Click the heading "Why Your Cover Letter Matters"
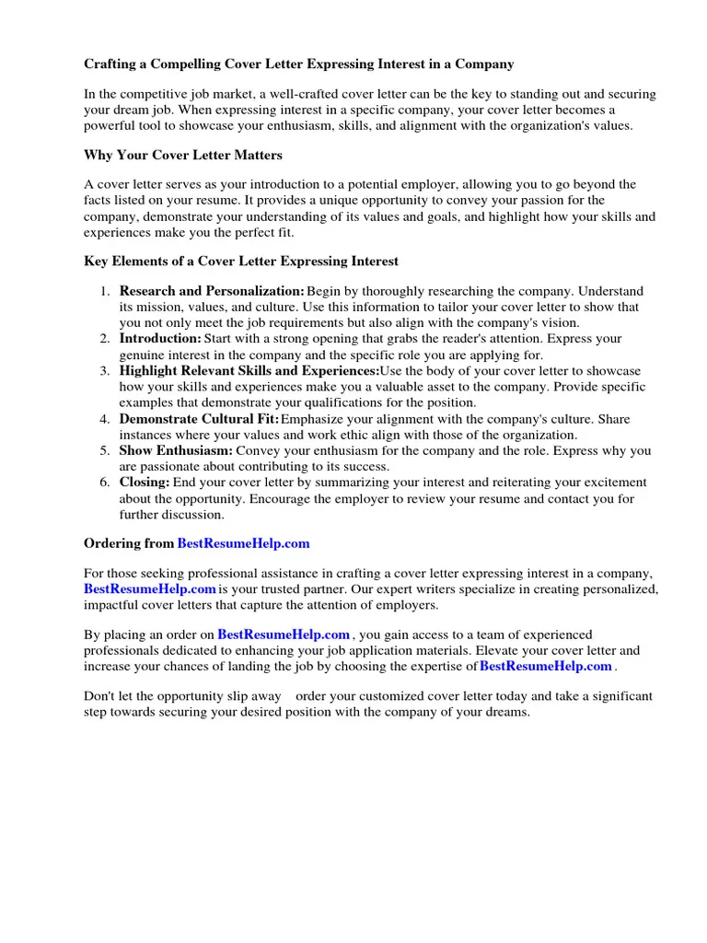[183, 155]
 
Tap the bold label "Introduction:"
[160, 339]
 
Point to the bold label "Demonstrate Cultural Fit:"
[199, 419]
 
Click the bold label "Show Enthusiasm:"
[176, 451]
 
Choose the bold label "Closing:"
[145, 483]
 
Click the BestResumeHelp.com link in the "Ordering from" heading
[243, 543]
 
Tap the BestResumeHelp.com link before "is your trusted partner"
[150, 588]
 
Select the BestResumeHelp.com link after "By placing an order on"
[284, 634]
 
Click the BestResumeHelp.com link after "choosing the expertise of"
[546, 666]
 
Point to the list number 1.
[105, 291]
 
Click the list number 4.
[105, 419]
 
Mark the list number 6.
[105, 483]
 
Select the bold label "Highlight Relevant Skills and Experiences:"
[249, 371]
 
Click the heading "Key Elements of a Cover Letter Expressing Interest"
[241, 262]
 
